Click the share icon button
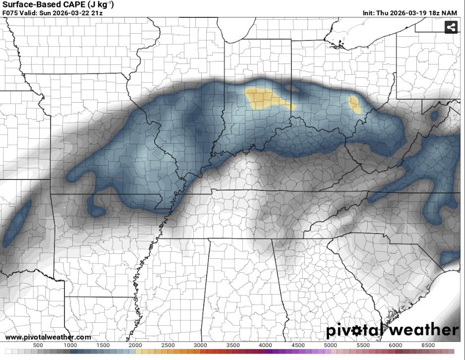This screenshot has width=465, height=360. [x=451, y=28]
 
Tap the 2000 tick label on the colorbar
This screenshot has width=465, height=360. [x=135, y=345]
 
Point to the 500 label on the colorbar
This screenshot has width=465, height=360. [x=38, y=345]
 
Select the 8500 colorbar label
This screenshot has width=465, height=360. [x=428, y=345]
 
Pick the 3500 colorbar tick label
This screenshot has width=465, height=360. [x=233, y=345]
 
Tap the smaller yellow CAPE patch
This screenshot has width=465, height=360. [x=354, y=104]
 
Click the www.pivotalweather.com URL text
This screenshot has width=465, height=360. [x=48, y=337]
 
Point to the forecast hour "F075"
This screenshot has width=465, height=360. [x=10, y=13]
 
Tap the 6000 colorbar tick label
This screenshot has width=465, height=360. [x=396, y=345]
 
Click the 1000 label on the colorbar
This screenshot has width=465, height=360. [x=70, y=345]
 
